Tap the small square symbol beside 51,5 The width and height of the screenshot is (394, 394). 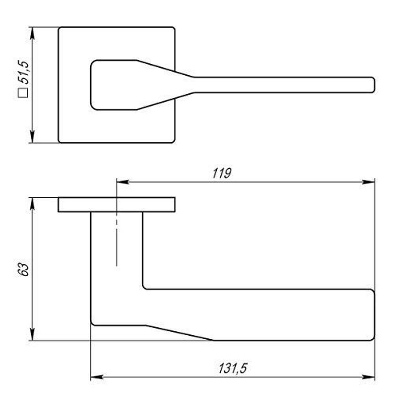(x=23, y=93)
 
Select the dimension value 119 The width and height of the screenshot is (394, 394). (x=221, y=173)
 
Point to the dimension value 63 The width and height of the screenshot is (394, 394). (x=23, y=269)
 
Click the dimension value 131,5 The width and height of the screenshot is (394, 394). (x=233, y=368)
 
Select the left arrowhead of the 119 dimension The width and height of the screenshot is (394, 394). (x=123, y=182)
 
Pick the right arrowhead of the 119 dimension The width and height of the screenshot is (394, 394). (x=368, y=182)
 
